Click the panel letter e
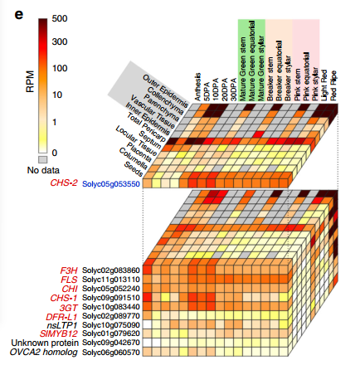[x=19, y=14]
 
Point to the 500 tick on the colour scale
[x=60, y=18]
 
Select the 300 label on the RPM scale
[x=60, y=41]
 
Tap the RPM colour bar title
[x=30, y=81]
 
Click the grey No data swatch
[x=43, y=159]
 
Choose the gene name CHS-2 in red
[x=64, y=182]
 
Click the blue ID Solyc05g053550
[x=111, y=184]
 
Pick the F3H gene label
[x=69, y=270]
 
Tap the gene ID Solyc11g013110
[x=111, y=280]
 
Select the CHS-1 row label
[x=64, y=298]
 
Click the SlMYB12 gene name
[x=59, y=333]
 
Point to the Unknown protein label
[x=45, y=343]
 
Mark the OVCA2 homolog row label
[x=44, y=352]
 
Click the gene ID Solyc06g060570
[x=111, y=353]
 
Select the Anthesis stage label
[x=197, y=87]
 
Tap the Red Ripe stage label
[x=333, y=85]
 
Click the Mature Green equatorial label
[x=251, y=61]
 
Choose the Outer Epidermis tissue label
[x=165, y=91]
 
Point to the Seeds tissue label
[x=134, y=169]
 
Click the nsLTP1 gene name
[x=62, y=325]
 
